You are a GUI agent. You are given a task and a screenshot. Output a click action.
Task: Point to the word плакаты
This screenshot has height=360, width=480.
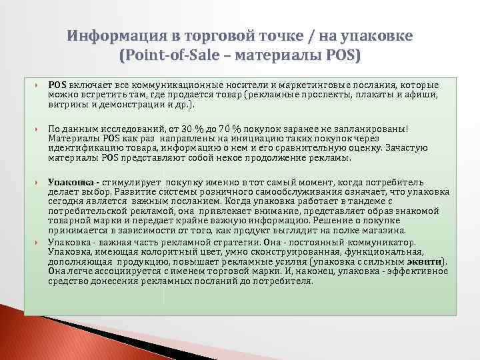363,96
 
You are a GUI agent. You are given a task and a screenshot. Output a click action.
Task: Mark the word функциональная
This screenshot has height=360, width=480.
397,252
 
